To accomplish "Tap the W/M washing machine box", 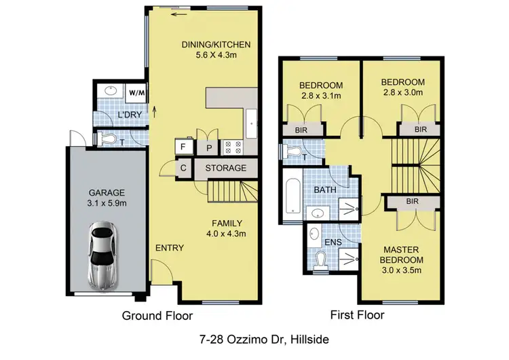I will (x=136, y=92).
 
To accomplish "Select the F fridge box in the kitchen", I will (x=182, y=145).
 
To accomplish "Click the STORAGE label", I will (x=225, y=168).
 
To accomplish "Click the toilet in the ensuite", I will (x=322, y=258).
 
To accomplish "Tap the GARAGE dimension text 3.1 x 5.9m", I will (x=104, y=202).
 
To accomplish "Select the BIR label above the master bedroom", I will (x=411, y=201).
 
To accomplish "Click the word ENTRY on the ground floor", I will (x=169, y=248).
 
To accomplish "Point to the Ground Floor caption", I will (x=157, y=316).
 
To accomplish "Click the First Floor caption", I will (x=357, y=315).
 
